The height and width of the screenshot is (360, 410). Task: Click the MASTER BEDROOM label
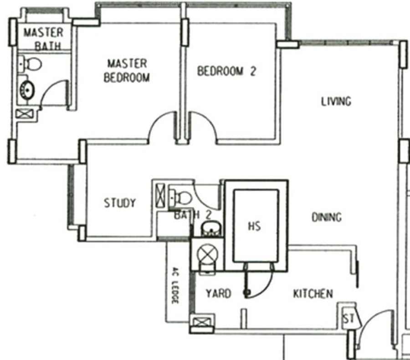(127, 71)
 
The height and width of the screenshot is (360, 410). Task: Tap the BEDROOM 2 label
(226, 71)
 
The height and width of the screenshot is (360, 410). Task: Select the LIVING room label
(336, 101)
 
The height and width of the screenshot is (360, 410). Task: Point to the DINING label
(327, 217)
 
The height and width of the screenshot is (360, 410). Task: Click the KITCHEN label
(313, 294)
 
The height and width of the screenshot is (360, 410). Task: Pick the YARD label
(219, 293)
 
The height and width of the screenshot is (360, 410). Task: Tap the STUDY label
(120, 203)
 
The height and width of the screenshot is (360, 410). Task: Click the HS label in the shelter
(254, 226)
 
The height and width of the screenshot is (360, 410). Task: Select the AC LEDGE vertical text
(175, 285)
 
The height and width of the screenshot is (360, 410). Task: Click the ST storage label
(348, 319)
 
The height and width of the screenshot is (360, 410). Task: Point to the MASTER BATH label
(43, 39)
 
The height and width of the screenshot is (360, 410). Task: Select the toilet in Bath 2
(181, 197)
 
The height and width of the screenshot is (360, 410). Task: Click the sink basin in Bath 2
(211, 230)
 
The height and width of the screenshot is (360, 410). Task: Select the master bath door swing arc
(49, 88)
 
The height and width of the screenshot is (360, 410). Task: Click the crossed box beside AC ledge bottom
(201, 322)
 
